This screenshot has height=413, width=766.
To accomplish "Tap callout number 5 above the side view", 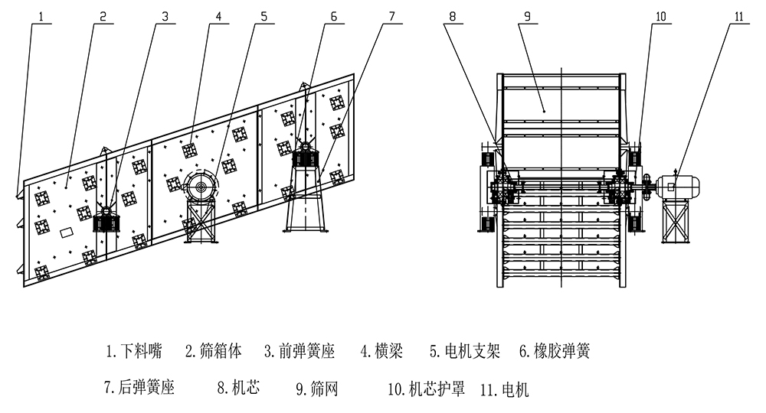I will (x=264, y=14).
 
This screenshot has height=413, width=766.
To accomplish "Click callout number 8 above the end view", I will (x=452, y=14).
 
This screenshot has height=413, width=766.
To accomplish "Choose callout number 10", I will (x=660, y=14).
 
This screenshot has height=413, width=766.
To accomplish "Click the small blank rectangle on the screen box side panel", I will (x=67, y=230).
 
